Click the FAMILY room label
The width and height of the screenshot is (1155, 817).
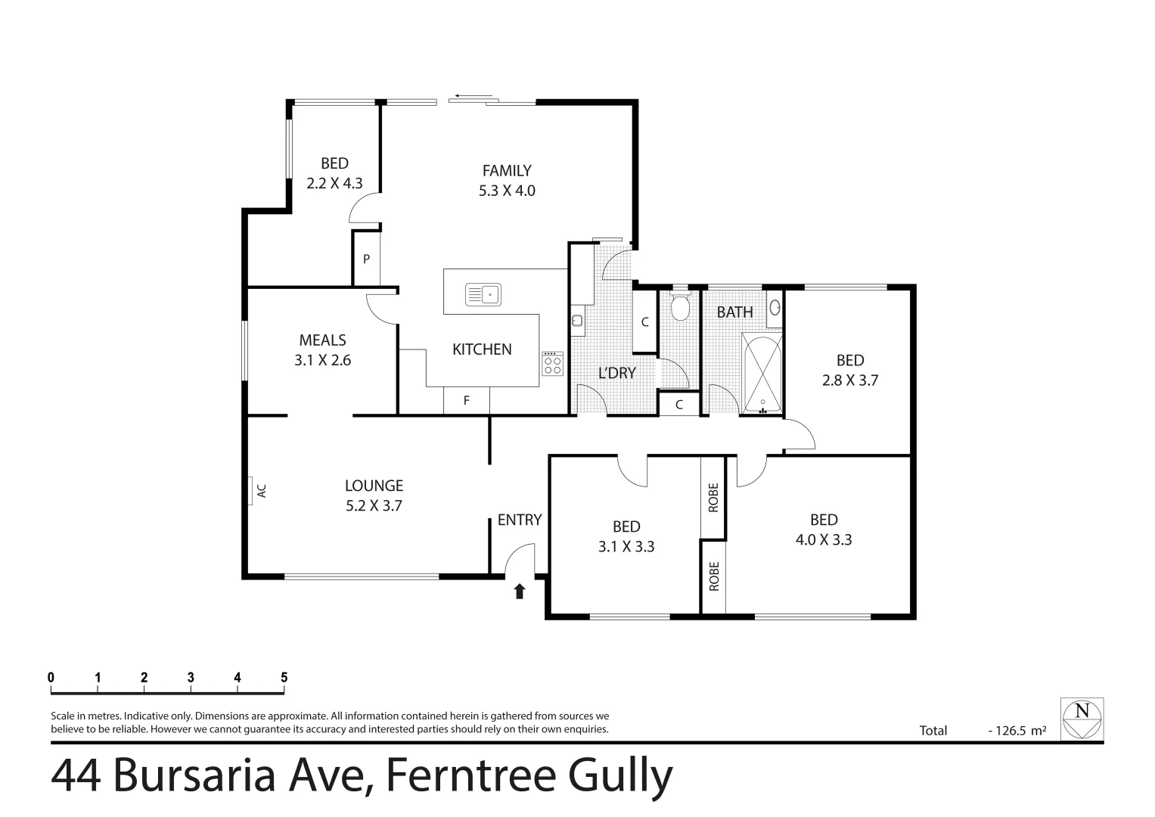507,171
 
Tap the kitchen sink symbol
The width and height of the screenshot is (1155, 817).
483,294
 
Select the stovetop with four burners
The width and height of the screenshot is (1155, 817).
552,365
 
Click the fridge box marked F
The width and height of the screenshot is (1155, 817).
467,400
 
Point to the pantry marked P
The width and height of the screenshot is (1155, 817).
366,259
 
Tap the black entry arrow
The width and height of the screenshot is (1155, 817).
520,591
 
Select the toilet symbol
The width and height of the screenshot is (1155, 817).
679,306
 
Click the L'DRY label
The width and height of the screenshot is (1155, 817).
617,372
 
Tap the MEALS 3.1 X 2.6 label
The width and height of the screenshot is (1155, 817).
323,350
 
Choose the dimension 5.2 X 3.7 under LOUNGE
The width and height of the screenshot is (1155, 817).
374,506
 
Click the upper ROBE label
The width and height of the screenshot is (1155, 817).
713,498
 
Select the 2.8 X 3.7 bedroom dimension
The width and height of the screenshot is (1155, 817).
850,381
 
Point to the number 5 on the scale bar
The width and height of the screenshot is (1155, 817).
284,678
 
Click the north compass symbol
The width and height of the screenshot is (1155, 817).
1082,719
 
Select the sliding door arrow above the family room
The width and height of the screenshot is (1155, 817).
470,97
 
